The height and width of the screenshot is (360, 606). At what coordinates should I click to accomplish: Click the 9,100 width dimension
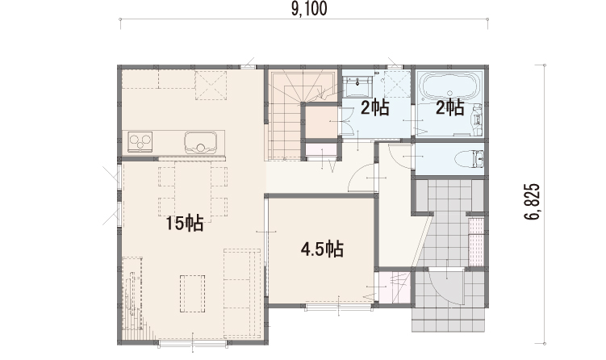[309, 9]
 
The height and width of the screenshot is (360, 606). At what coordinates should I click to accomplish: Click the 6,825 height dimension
[533, 202]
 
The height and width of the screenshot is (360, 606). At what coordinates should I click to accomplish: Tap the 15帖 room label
[185, 223]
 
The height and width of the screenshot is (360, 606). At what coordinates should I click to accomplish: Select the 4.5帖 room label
[322, 249]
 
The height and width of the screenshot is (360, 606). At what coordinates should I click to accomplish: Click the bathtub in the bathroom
[449, 86]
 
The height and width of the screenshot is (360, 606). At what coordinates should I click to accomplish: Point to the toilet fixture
[468, 159]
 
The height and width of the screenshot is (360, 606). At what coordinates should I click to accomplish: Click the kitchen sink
[200, 142]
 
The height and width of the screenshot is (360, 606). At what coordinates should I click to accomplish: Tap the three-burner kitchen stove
[140, 141]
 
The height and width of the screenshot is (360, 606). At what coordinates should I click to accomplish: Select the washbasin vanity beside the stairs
[357, 86]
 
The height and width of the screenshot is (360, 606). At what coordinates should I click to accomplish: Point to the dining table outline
[193, 191]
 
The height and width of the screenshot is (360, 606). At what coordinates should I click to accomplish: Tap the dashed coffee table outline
[193, 294]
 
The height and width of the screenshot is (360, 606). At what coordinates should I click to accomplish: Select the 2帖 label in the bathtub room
[449, 107]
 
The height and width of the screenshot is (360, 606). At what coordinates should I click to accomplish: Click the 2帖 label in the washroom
[374, 107]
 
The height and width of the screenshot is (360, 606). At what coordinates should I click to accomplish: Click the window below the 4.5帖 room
[339, 308]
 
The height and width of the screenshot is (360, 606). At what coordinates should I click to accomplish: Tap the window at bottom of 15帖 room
[192, 343]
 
